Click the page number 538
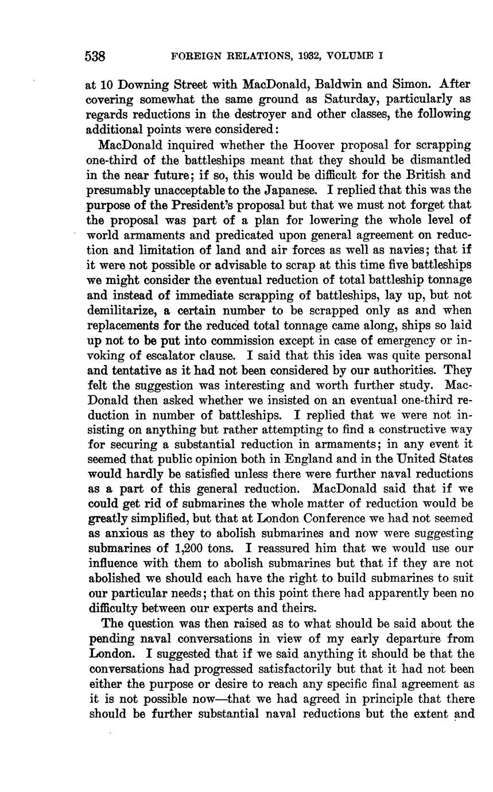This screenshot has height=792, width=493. click(95, 56)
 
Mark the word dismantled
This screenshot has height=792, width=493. click(438, 159)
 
